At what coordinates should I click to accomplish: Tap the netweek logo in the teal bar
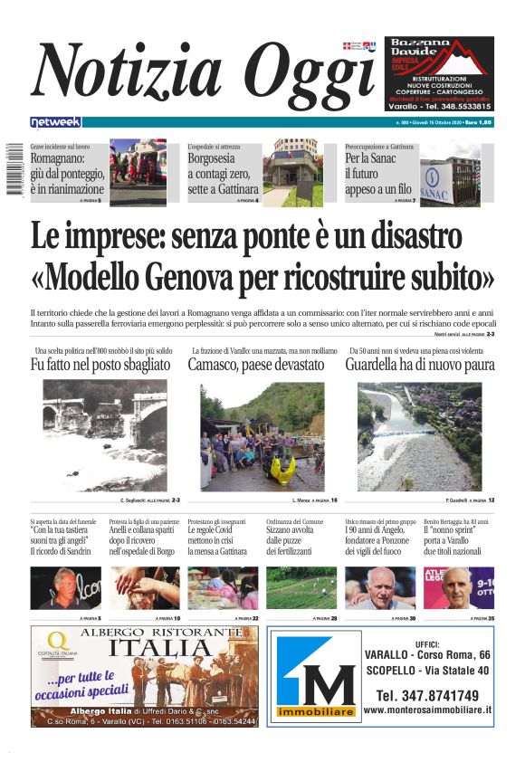click(x=55, y=122)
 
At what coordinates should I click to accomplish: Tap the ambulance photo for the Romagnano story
click(x=138, y=172)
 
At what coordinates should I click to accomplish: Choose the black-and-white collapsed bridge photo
click(x=105, y=434)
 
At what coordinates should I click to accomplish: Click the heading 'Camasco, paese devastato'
click(x=255, y=365)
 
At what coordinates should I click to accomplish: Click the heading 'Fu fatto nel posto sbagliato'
click(x=100, y=365)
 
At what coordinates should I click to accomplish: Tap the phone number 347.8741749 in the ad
click(x=427, y=695)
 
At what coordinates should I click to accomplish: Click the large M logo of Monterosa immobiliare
click(x=315, y=678)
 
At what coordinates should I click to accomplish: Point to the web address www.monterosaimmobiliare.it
click(x=427, y=711)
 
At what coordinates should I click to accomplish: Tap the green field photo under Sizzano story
click(x=301, y=587)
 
